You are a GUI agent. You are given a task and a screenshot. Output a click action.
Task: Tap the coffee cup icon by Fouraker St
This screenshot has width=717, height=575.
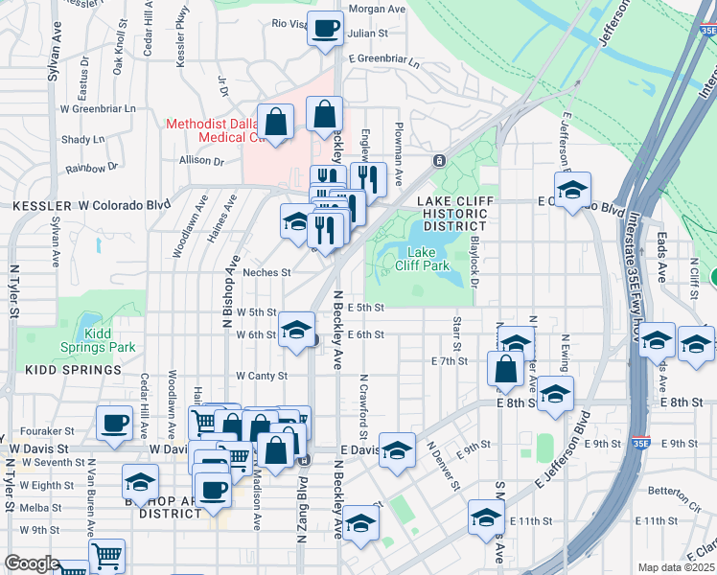pyautogui.click(x=114, y=423)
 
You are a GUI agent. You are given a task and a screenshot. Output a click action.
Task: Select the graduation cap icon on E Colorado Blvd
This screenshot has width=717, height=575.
pyautogui.click(x=572, y=189)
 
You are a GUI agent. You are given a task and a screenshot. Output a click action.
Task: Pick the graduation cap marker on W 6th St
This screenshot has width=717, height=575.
pyautogui.click(x=297, y=331)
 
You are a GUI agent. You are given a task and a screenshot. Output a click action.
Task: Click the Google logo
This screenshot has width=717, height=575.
pyautogui.click(x=31, y=563)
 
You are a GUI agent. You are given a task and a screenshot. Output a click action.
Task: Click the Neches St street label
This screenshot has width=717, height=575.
pyautogui.click(x=266, y=272)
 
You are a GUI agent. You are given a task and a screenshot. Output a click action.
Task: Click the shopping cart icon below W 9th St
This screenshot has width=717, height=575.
pyautogui.click(x=106, y=556)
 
